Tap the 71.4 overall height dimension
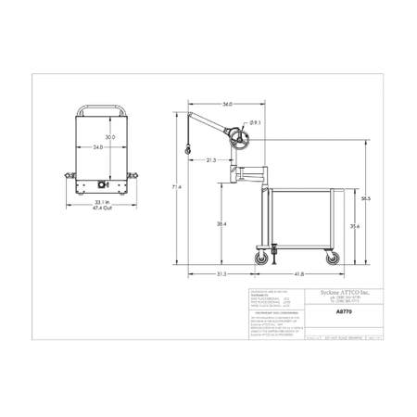coord(177,188)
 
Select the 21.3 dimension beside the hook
coord(210,160)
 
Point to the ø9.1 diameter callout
coord(255,122)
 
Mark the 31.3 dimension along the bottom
coord(221,274)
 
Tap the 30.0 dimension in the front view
coord(109,137)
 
